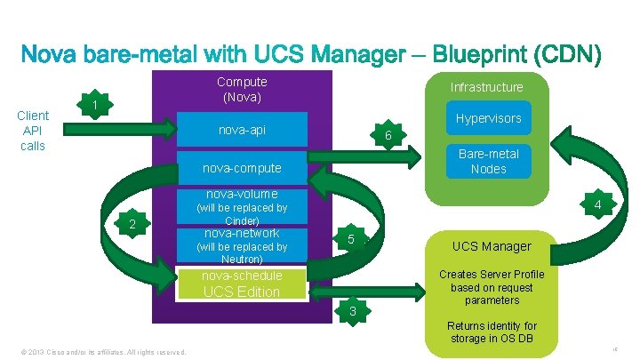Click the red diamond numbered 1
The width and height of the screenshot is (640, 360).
pos(93,107)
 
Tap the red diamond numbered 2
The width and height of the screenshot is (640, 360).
pos(132,225)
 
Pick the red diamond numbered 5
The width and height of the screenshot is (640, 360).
pos(351,239)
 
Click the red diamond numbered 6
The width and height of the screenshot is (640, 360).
pos(388,135)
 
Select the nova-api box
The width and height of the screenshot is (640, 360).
pos(241,131)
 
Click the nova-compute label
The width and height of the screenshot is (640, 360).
pos(241,168)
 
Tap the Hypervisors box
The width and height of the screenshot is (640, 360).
pos(488,118)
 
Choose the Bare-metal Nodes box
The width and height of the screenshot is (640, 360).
pos(488,161)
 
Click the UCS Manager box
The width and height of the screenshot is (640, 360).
pos(492,246)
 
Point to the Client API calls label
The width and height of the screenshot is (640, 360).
pos(33,130)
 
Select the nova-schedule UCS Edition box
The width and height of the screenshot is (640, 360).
pos(241,284)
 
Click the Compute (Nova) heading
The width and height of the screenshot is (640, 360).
pos(242,88)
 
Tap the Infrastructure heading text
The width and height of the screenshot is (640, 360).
pos(486,87)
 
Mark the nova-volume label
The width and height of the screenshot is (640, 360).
pos(241,194)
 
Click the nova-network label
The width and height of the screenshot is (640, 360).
pos(241,233)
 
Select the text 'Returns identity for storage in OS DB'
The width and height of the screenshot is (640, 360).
pos(492,332)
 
